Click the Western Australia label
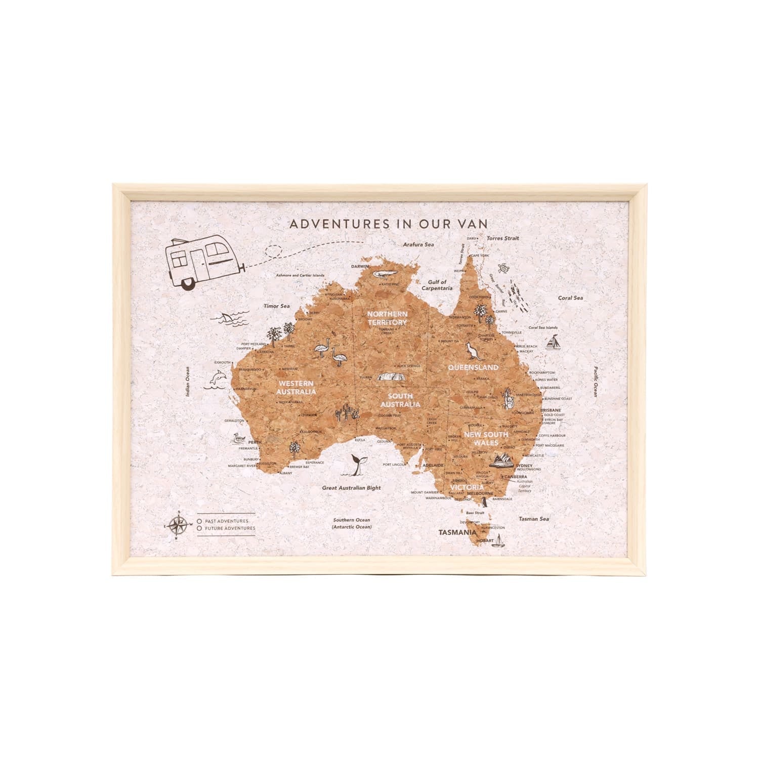[296, 387]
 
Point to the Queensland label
[473, 367]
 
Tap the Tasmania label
[457, 532]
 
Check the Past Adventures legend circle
[200, 520]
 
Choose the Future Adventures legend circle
[200, 528]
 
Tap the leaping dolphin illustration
[217, 379]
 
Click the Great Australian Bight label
[352, 488]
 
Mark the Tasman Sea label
[533, 519]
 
